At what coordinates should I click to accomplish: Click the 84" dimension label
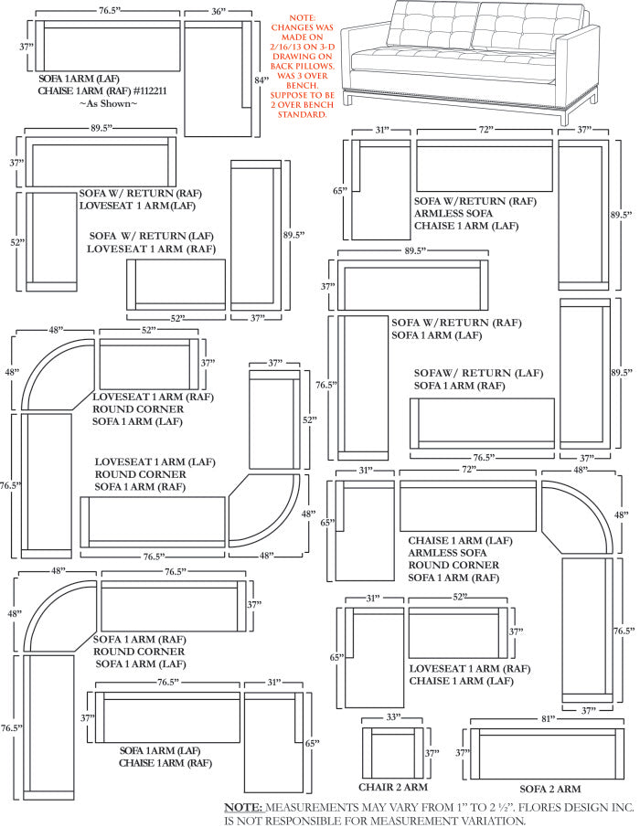261,80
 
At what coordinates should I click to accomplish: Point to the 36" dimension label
218,12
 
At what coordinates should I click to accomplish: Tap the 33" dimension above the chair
394,718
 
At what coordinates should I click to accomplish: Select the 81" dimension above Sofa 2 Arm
548,718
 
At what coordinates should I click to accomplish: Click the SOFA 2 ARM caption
549,788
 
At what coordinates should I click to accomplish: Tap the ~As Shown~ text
109,104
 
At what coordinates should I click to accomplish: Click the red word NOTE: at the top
301,18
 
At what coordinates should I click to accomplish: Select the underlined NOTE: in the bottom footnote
244,808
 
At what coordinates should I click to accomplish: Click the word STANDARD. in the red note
302,115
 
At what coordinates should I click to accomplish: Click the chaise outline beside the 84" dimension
218,78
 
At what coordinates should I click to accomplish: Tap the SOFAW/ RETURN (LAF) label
478,373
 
